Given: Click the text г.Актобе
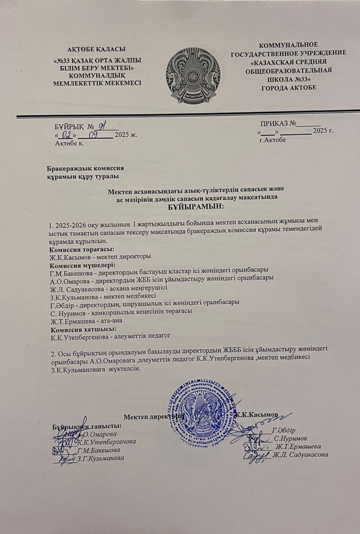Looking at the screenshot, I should [273, 140].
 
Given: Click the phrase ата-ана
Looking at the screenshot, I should [112, 320].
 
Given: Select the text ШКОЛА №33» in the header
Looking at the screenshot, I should [289, 79].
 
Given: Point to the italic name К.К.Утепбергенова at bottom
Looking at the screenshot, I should [106, 442].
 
